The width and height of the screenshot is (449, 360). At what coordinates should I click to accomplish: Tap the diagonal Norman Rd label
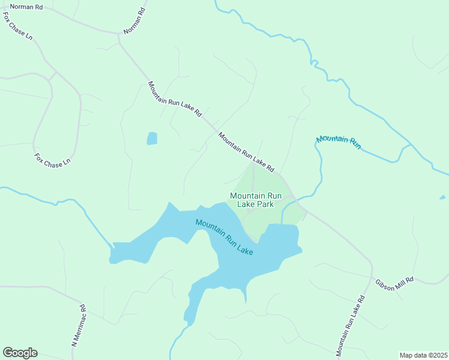point(134,21)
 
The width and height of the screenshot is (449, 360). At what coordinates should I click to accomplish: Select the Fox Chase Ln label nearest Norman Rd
point(18,28)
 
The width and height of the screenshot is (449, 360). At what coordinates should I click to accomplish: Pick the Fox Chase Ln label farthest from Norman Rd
point(52,160)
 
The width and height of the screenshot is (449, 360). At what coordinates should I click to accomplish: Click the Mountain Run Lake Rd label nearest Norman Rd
point(175,99)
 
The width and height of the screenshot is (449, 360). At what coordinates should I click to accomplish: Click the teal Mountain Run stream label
point(339,142)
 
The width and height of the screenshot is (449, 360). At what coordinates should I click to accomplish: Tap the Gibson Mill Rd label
point(395,284)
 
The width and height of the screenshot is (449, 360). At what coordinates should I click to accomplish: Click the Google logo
point(20,353)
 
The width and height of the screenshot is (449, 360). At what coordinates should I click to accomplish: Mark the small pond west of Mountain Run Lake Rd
point(152,139)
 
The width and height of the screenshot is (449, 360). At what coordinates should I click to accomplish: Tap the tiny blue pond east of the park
point(442,197)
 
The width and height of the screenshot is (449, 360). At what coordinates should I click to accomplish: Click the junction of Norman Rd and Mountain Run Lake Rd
point(119,35)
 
